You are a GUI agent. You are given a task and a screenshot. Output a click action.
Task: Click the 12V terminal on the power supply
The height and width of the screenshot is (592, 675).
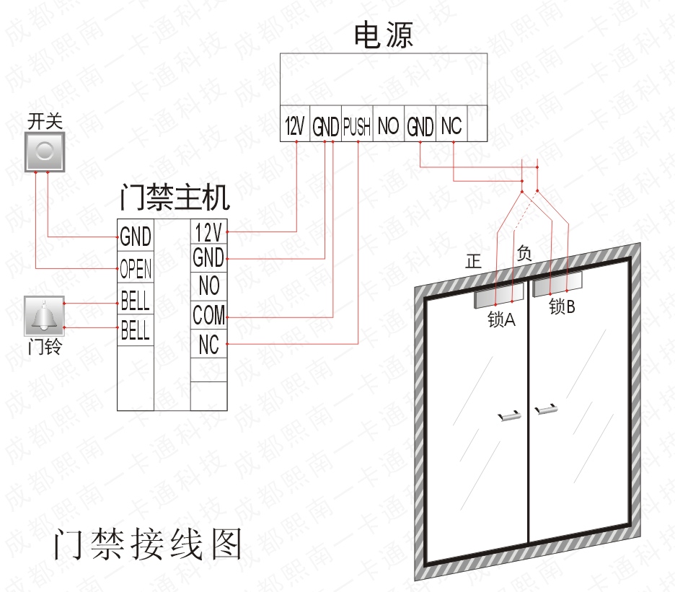[x=294, y=127]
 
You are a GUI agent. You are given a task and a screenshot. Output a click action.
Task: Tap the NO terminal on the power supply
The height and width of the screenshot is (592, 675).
[x=388, y=127]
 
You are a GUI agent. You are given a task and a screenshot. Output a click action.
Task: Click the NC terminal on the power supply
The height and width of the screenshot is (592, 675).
[x=451, y=127]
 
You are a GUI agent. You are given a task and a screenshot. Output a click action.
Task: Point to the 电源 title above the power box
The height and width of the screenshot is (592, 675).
[x=384, y=35]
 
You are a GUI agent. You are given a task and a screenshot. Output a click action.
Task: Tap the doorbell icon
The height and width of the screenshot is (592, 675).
[x=44, y=316]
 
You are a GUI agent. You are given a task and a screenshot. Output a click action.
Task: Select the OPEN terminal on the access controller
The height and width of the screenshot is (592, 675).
[x=136, y=269]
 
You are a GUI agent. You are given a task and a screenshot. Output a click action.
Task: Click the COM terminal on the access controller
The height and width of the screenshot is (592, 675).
[x=208, y=315]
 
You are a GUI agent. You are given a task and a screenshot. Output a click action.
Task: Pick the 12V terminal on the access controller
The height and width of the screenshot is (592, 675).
[x=208, y=232]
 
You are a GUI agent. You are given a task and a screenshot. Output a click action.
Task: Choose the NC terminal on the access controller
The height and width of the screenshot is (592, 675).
[x=208, y=345]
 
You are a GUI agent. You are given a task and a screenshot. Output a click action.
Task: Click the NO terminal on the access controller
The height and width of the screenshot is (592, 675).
[x=208, y=286]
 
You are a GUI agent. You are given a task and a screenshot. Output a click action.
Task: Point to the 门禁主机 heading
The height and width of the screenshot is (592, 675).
[x=175, y=196]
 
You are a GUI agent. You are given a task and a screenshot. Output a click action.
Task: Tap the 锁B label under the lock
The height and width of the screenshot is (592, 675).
[x=562, y=307]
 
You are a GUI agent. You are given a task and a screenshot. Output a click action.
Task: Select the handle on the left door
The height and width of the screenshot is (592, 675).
[x=510, y=415]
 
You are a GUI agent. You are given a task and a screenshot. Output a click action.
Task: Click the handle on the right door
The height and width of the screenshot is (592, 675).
[x=546, y=410]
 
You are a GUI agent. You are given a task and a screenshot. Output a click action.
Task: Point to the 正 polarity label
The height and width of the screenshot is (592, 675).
[x=473, y=262]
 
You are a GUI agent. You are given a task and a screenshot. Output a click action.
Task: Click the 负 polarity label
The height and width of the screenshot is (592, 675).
[x=524, y=253]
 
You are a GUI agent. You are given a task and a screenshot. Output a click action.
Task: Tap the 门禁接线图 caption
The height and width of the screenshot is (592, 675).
[x=147, y=546]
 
